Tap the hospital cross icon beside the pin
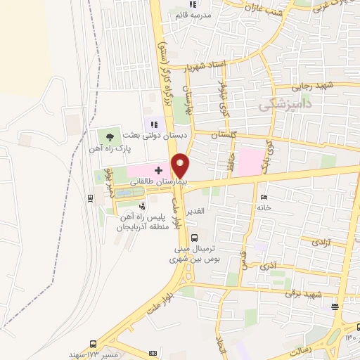[158, 170]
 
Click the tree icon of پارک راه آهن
[108, 135]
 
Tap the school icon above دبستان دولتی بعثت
[154, 124]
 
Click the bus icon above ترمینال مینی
[194, 238]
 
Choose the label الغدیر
[195, 211]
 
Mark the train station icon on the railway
[91, 198]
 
